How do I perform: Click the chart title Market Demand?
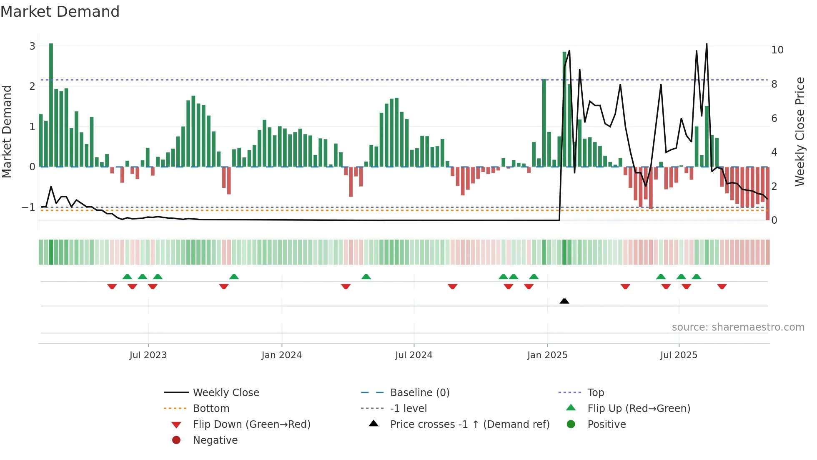[60, 12]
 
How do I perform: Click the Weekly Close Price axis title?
[799, 131]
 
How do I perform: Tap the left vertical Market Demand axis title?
[7, 131]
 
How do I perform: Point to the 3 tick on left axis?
[32, 46]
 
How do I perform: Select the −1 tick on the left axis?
[29, 207]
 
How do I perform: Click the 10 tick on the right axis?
[777, 50]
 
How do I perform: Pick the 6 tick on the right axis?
[774, 119]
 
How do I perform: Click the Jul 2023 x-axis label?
[148, 355]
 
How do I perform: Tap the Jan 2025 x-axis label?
[547, 355]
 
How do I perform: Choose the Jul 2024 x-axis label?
[414, 355]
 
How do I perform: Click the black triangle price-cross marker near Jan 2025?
[564, 301]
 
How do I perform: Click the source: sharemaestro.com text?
[738, 327]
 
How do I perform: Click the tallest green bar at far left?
[51, 104]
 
